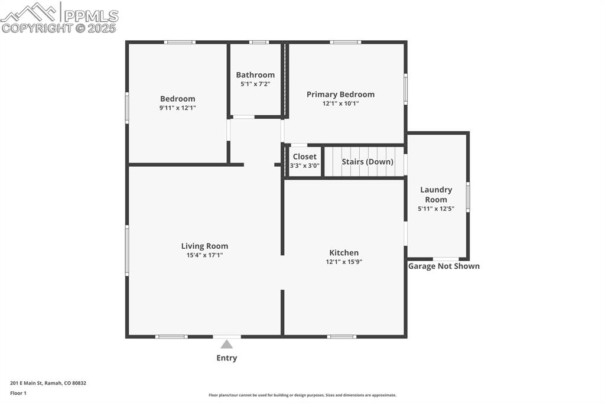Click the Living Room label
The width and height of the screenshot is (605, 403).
[x=204, y=246]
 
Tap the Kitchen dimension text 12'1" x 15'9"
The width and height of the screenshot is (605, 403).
[x=344, y=262]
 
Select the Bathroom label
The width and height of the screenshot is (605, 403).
[x=255, y=75]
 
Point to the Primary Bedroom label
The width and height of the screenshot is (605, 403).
[x=341, y=95]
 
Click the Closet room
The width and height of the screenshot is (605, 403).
[x=304, y=161]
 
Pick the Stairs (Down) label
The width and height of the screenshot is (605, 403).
[x=367, y=162]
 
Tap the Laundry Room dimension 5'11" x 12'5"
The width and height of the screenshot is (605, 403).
[x=436, y=209]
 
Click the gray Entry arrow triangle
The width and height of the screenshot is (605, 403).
[x=226, y=344]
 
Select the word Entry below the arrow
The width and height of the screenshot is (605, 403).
[x=226, y=358]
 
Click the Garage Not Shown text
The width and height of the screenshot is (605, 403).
[x=444, y=266]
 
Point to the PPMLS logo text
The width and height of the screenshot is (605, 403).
[x=91, y=16]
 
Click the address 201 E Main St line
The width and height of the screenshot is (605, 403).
[x=48, y=383]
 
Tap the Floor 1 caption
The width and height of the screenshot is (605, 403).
[x=18, y=394]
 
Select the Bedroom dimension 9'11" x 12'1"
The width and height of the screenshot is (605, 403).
[x=177, y=108]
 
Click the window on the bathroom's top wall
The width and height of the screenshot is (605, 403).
[x=259, y=42]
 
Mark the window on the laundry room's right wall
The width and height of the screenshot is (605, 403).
[x=468, y=197]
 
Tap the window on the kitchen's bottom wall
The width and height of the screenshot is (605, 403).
[x=342, y=337]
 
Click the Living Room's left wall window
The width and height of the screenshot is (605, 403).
[x=127, y=251]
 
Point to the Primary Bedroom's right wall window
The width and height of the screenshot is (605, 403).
[x=405, y=89]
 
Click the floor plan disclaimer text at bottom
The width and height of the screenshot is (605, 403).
[x=302, y=395]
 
